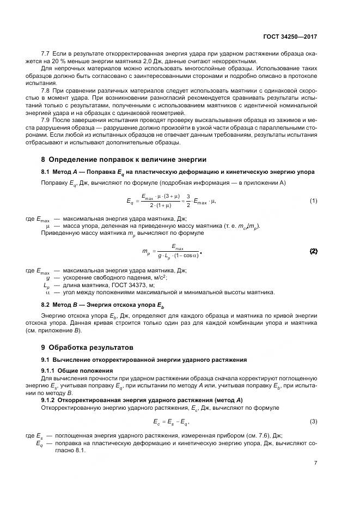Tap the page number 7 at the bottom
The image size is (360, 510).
point(316,463)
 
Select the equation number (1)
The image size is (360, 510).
point(314,201)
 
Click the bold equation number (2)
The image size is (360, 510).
point(314,251)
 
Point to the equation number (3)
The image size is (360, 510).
point(314,421)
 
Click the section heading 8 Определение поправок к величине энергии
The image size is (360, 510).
point(124,160)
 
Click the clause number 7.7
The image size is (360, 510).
point(46,54)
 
